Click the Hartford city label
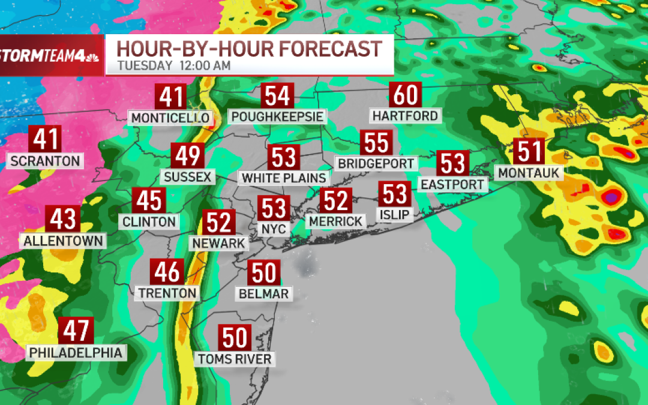point(405,115)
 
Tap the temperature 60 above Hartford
point(406,95)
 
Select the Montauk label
point(528,173)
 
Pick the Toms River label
point(235,359)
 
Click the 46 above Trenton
point(167,272)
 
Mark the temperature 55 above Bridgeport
point(377,143)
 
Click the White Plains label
point(284,178)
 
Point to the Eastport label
point(452,184)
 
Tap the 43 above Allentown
point(63,220)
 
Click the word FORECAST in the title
point(324,48)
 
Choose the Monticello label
point(170,118)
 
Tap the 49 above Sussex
point(187,157)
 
